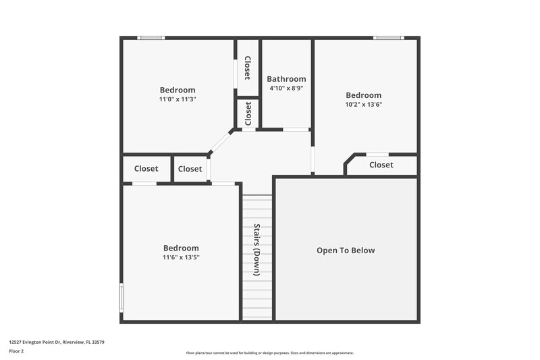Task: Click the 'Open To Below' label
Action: [x=346, y=251]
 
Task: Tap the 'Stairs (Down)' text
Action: [x=256, y=250]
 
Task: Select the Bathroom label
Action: [x=286, y=79]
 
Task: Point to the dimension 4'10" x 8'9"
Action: [x=286, y=88]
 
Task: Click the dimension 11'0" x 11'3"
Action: [x=178, y=99]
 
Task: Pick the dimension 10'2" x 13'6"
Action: [x=364, y=105]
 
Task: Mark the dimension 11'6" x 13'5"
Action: [x=181, y=257]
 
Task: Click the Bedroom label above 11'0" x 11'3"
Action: [x=178, y=90]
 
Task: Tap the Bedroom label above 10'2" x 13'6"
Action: [x=364, y=95]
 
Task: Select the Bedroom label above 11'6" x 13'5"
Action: [x=181, y=248]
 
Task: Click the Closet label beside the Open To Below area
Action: [x=381, y=165]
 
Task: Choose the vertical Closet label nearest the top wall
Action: [x=248, y=68]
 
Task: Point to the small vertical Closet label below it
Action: [x=248, y=113]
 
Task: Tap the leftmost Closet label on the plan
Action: [x=146, y=169]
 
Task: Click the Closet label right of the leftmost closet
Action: [x=190, y=169]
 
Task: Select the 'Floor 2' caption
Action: [x=16, y=351]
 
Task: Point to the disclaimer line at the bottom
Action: [x=270, y=353]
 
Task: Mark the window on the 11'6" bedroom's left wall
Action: [x=122, y=297]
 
